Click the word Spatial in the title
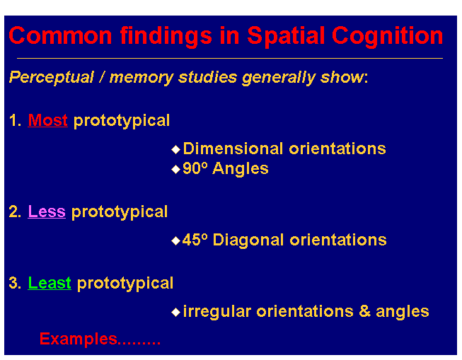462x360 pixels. coord(284,35)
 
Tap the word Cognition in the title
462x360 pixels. coord(388,35)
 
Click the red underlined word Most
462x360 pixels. coord(47,121)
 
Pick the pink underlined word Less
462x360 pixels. coord(47,212)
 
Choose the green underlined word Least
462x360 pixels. coord(50,284)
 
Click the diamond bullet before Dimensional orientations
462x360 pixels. coord(176,149)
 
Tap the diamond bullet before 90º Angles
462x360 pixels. coord(176,170)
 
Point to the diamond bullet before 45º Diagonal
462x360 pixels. coord(176,240)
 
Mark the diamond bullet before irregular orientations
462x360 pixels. coord(176,312)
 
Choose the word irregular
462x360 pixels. coord(216,312)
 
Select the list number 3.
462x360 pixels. coord(13,284)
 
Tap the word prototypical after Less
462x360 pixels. coord(120,212)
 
